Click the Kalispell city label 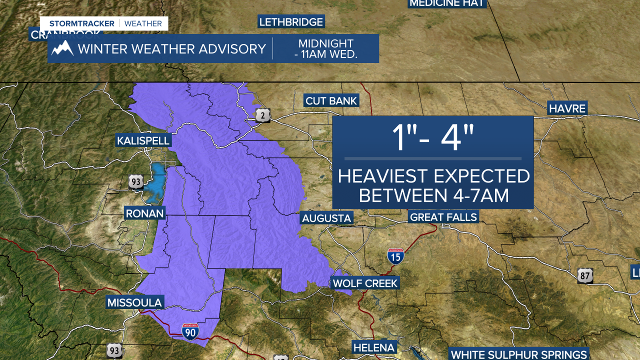pos(143,140)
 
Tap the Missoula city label pos(134,302)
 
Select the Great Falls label pos(443,217)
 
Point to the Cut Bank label pos(331,101)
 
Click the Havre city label pos(567,108)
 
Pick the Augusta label pos(326,218)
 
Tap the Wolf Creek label pos(365,283)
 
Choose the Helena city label pos(374,347)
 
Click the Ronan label pos(144,213)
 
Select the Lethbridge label pos(291,22)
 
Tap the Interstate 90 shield pos(190,331)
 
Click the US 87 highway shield pos(585,275)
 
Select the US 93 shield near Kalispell pos(135,182)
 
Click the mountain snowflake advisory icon pos(62,48)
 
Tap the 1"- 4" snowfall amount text pos(433,139)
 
